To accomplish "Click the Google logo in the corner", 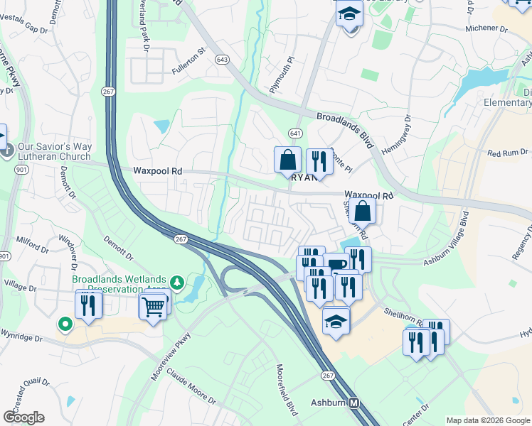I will click(23, 417).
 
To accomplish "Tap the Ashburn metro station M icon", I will click(354, 403).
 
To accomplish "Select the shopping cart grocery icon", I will click(154, 307).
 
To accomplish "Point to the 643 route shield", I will click(223, 60).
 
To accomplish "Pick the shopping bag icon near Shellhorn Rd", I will click(362, 210).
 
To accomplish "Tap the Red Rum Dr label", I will click(508, 152).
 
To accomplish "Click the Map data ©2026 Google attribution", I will click(488, 420).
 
